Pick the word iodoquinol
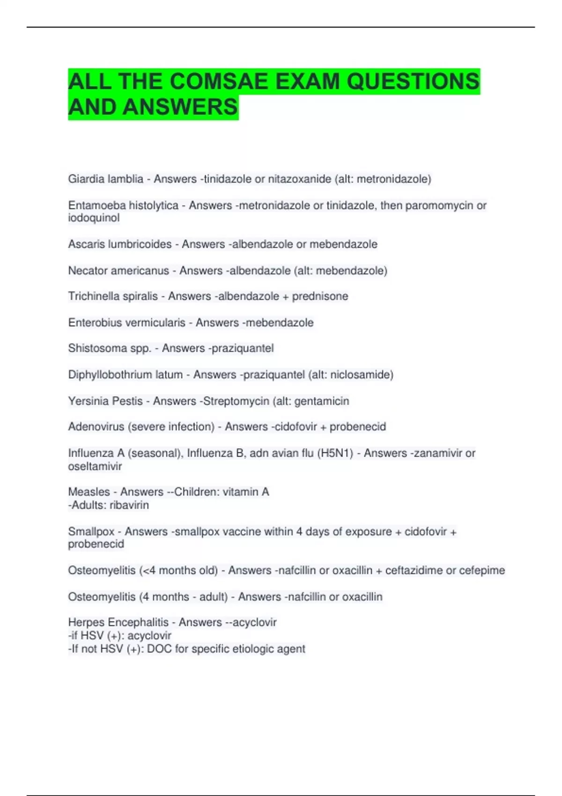(x=94, y=218)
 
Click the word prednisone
(x=320, y=296)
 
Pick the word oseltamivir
(x=95, y=466)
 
